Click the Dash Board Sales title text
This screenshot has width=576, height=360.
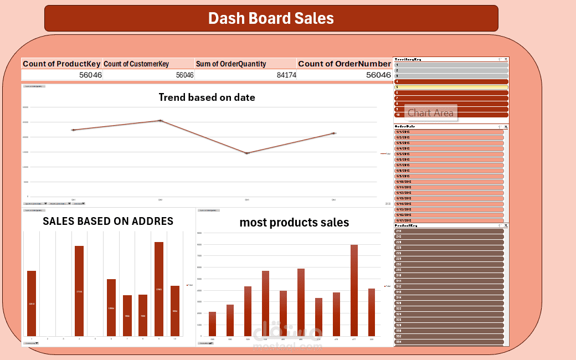pos(271,18)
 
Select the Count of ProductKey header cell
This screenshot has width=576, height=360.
pos(62,64)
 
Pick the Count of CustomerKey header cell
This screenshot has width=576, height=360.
pos(136,64)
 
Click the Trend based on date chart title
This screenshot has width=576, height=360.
pos(207,97)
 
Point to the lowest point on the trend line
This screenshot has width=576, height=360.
pos(247,153)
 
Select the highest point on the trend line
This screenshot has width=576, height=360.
pos(161,120)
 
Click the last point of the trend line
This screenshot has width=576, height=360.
pos(333,133)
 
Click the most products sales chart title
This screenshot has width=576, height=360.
pos(294,223)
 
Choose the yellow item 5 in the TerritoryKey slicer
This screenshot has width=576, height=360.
pos(451,87)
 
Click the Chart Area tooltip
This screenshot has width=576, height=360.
pos(430,113)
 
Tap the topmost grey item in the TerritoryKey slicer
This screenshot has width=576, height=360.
pos(451,65)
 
